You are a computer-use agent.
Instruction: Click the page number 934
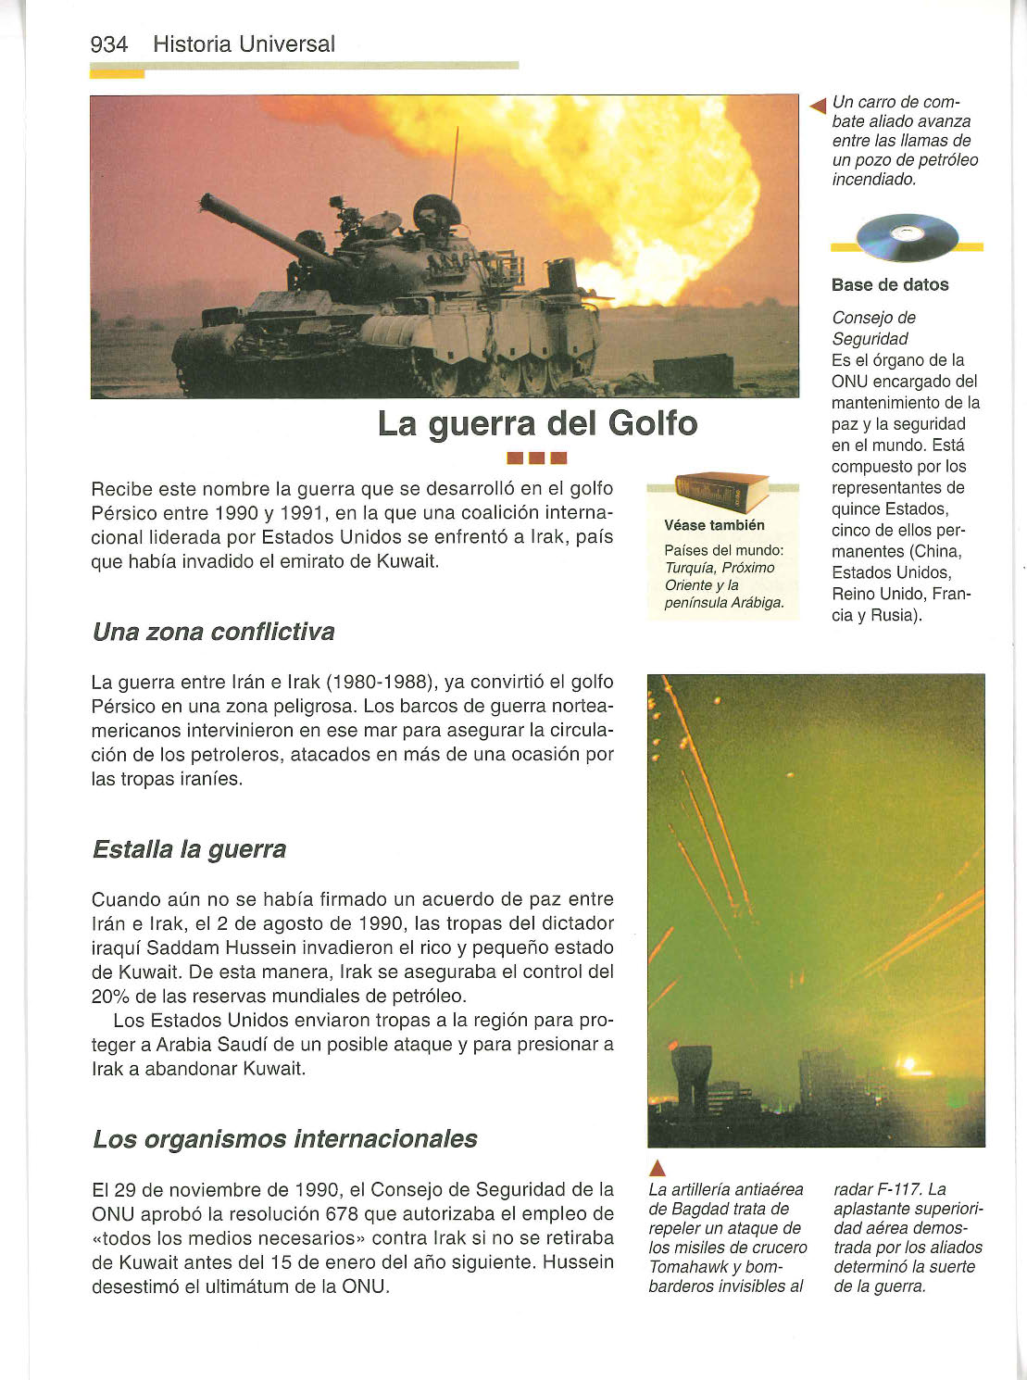(108, 44)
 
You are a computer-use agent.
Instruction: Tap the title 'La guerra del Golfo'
(537, 424)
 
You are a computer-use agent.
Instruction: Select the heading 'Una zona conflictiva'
(213, 633)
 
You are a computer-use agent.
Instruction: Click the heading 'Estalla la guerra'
(189, 849)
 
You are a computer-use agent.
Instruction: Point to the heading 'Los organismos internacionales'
(284, 1139)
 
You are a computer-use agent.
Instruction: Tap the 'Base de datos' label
(889, 285)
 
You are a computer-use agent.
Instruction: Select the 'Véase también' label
(714, 525)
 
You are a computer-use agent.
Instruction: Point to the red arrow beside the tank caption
(817, 107)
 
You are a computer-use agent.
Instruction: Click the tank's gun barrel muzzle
(207, 200)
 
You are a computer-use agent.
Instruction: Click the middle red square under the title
(537, 458)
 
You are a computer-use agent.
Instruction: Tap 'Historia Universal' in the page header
(244, 44)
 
